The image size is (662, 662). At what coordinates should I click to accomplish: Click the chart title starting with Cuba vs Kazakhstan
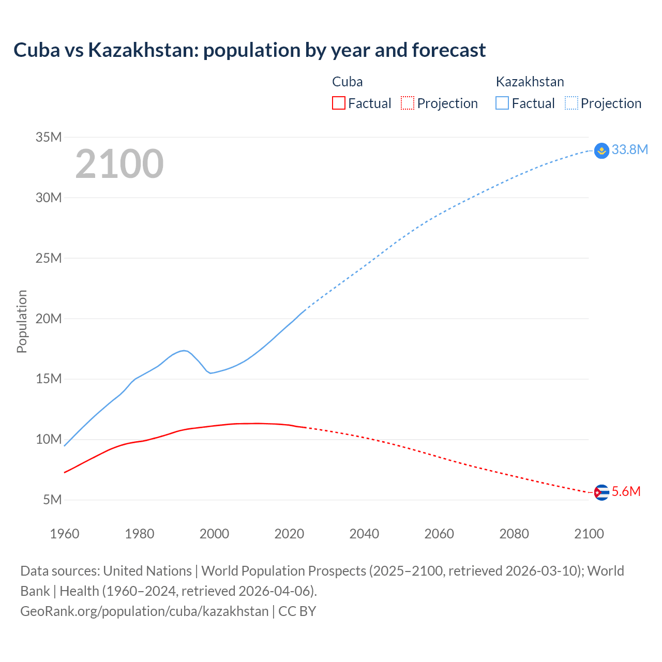tap(249, 50)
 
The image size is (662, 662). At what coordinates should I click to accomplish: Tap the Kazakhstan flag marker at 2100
tap(601, 151)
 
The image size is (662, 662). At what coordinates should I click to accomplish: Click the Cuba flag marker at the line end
tap(601, 492)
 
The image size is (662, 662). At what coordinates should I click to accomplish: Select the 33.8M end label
tap(629, 149)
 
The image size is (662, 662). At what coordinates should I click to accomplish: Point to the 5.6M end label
tap(626, 491)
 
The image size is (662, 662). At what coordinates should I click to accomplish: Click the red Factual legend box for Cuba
tap(339, 103)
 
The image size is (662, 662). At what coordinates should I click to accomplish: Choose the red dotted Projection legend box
tap(408, 103)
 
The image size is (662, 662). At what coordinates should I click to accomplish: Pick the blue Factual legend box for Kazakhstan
tap(502, 103)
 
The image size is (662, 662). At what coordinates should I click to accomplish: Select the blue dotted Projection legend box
tap(571, 103)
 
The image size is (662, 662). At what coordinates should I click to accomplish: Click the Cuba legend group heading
tap(347, 82)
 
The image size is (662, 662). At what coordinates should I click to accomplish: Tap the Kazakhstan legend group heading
tap(530, 82)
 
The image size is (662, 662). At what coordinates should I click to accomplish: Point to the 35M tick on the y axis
tap(49, 137)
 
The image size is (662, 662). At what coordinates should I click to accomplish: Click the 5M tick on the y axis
tap(52, 500)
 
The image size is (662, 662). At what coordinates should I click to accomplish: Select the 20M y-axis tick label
tap(49, 319)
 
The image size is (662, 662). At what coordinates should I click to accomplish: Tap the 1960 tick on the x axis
tap(65, 534)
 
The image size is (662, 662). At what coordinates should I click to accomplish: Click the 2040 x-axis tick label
tap(364, 534)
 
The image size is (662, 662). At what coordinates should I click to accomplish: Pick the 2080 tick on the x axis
tap(514, 534)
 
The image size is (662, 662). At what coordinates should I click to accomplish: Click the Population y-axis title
tap(22, 321)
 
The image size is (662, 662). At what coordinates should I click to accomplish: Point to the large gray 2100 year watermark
tap(119, 164)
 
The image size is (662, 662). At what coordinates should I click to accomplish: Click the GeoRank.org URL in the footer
tap(144, 611)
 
